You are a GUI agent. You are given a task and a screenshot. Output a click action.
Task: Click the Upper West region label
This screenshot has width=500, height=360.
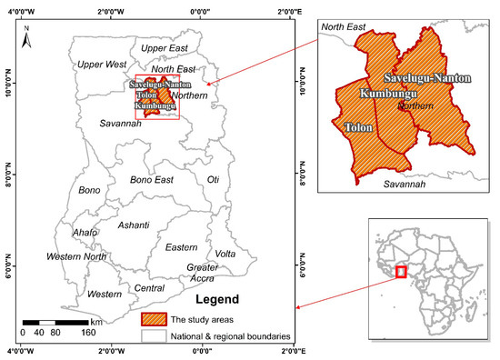tap(102, 65)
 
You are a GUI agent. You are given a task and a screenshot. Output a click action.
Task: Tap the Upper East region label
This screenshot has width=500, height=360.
tap(165, 47)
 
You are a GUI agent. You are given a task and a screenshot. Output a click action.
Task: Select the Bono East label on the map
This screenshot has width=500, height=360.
tap(152, 180)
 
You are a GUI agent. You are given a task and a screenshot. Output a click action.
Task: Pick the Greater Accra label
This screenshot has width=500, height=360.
tap(202, 273)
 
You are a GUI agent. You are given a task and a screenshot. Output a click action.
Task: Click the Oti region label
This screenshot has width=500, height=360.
tap(214, 179)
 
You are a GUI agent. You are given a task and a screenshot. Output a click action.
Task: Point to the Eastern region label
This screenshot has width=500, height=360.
tap(181, 246)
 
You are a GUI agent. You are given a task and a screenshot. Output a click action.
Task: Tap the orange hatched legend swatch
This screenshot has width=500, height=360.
tap(154, 318)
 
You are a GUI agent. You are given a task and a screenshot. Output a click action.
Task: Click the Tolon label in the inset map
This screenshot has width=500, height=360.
tap(360, 128)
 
